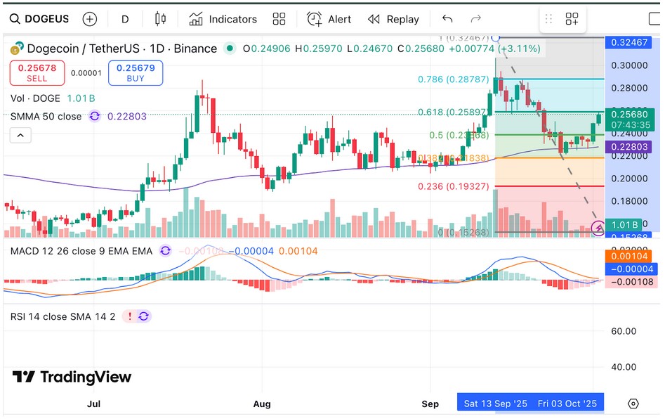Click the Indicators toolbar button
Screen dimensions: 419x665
[x=223, y=19]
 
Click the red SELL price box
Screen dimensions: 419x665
[x=37, y=72]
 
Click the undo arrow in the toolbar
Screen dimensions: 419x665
[x=447, y=19]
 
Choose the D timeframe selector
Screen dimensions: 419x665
[x=125, y=19]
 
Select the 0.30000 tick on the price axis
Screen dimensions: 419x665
[x=630, y=65]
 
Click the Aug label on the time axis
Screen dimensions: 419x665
[x=262, y=404]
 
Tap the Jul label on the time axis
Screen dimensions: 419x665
[x=94, y=404]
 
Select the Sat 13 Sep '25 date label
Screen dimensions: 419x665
[x=495, y=404]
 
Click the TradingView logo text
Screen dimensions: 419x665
[x=72, y=378]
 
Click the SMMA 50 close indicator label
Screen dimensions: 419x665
[x=46, y=116]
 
